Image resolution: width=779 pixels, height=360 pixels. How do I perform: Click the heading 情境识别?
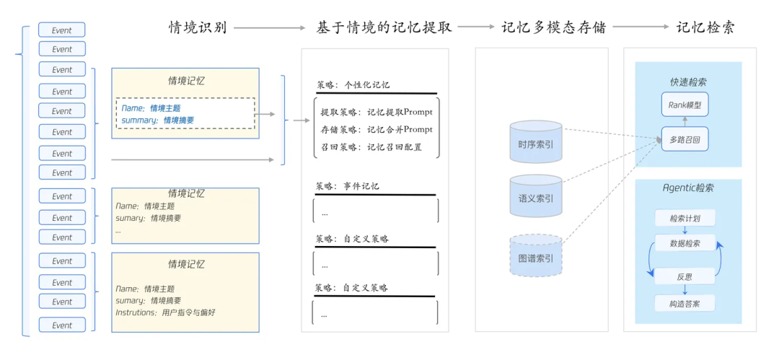point(198,27)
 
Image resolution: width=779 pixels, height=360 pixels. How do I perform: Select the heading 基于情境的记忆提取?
point(384,27)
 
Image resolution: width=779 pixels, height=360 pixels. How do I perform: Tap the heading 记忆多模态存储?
point(554,27)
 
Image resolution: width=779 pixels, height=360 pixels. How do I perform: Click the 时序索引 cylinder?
point(535,143)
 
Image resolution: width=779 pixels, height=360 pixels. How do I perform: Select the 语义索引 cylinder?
point(535,196)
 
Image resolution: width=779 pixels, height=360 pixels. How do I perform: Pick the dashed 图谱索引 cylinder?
point(535,255)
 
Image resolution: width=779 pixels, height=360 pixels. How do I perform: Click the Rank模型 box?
point(685,105)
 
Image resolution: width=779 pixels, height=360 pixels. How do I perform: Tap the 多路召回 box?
point(685,138)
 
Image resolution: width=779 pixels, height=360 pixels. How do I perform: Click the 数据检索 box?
point(685,242)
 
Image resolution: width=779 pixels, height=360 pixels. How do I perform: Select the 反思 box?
point(685,276)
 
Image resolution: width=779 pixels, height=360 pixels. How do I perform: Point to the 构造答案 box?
point(685,303)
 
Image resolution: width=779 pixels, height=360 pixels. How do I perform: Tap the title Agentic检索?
point(688,188)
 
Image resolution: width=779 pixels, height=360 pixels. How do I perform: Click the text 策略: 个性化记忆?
point(353,84)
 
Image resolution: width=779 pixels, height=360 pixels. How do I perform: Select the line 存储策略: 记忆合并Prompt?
point(377,129)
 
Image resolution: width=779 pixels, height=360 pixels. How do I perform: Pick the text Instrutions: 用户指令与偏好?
point(165,312)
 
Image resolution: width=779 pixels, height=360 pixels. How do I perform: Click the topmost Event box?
point(62,30)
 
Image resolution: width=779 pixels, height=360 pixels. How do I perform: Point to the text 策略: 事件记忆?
point(348,186)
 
